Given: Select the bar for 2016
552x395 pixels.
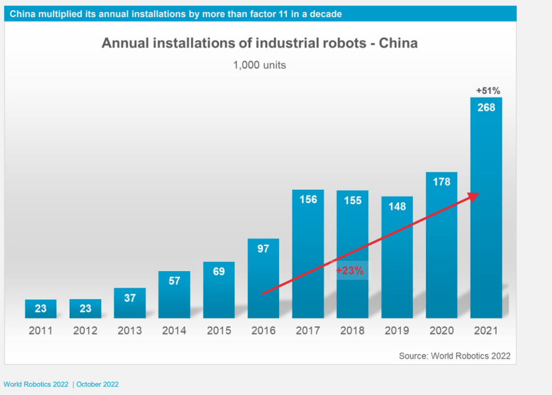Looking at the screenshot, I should point(264,280).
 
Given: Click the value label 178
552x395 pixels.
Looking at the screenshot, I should point(441,182).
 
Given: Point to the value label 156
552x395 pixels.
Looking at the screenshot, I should point(308,199).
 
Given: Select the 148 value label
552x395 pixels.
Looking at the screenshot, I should point(397,206).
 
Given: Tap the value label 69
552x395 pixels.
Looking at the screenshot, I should point(219,272).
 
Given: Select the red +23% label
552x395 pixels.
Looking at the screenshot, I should point(350,271).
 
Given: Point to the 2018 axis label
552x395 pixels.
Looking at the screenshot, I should point(353,330).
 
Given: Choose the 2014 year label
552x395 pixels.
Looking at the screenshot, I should point(174,330).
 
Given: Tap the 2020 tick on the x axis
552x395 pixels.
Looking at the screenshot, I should point(441,330).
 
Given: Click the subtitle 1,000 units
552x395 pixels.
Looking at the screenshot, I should point(259,65).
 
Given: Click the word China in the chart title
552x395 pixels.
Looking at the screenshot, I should point(398,43).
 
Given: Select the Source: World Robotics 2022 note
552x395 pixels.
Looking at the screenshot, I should point(454,356).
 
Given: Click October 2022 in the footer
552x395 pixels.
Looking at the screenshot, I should point(98,384).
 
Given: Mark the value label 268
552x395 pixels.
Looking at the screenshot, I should point(486,107).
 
